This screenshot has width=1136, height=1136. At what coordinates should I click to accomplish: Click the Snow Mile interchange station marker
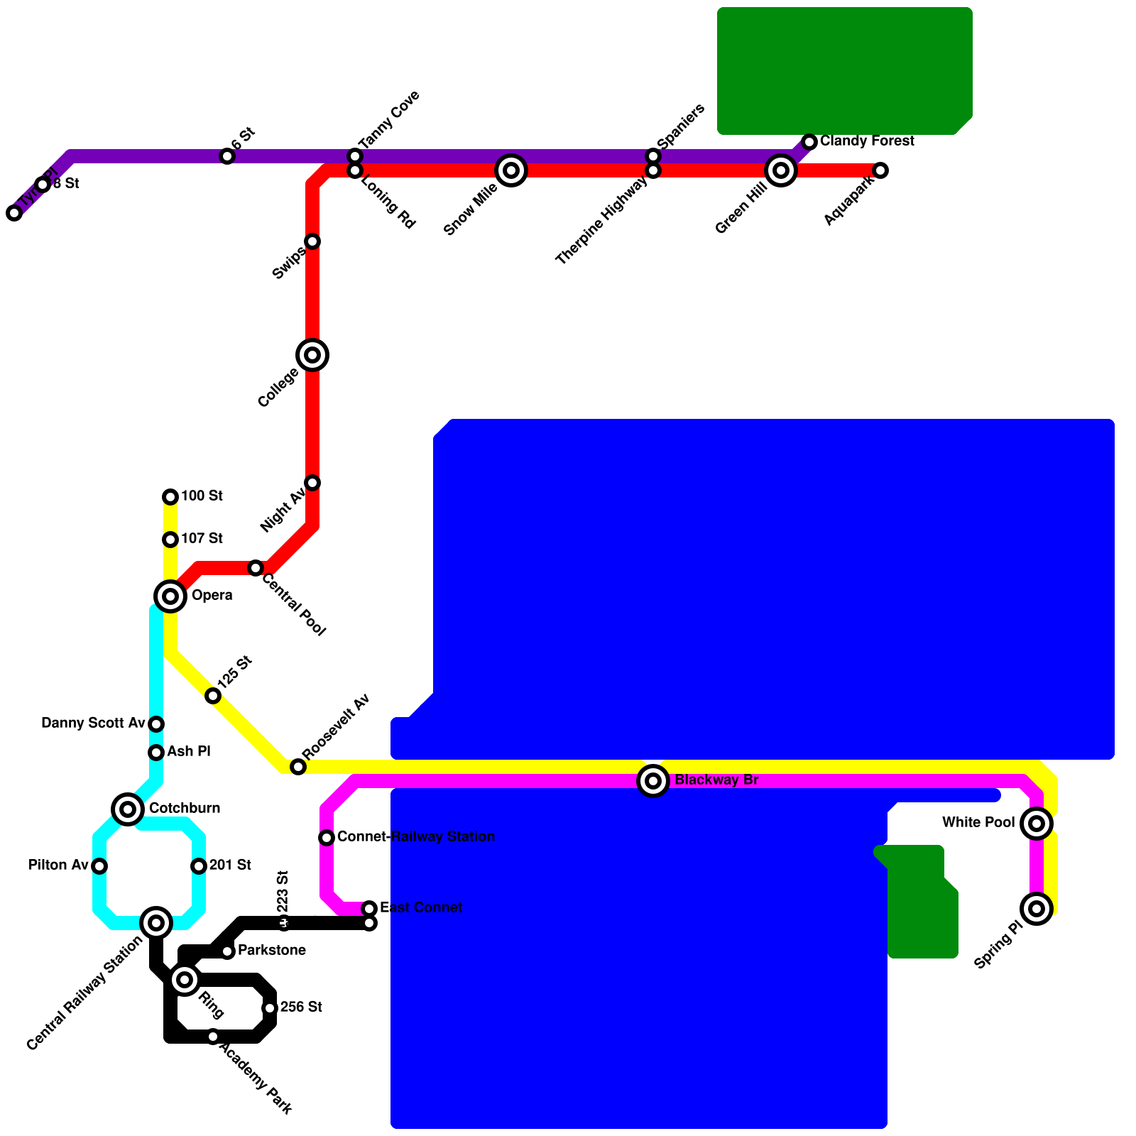[x=511, y=170]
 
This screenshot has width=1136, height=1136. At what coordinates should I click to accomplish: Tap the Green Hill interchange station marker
[x=781, y=170]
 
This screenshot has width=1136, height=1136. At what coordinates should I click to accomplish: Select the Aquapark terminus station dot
[x=880, y=170]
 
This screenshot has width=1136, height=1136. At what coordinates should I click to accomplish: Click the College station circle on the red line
[x=312, y=355]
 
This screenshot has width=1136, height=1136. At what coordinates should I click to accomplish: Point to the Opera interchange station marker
[x=170, y=596]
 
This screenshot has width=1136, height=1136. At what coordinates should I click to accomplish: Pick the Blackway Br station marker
[x=653, y=782]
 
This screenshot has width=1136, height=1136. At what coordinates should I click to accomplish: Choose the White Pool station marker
[x=1037, y=824]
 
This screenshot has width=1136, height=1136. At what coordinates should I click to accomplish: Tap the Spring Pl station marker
[x=1037, y=909]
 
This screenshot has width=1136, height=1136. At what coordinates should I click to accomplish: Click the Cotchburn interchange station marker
[x=128, y=809]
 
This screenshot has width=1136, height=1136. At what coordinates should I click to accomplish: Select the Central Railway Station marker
[x=156, y=923]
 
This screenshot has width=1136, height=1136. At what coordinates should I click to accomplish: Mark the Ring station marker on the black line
[x=185, y=981]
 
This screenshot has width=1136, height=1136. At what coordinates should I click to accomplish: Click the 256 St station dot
[x=270, y=1008]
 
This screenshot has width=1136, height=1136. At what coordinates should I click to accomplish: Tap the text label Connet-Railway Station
[x=416, y=837]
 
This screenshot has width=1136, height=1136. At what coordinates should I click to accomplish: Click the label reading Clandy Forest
[x=867, y=141]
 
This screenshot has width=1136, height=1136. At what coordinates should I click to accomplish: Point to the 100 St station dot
[x=170, y=497]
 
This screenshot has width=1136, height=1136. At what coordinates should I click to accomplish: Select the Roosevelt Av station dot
[x=298, y=767]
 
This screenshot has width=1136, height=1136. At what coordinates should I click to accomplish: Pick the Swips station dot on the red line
[x=312, y=241]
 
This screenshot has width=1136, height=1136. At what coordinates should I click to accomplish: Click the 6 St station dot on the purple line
[x=227, y=156]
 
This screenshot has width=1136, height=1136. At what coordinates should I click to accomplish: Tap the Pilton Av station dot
[x=99, y=866]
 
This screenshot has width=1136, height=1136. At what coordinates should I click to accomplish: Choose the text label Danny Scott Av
[x=93, y=723]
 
